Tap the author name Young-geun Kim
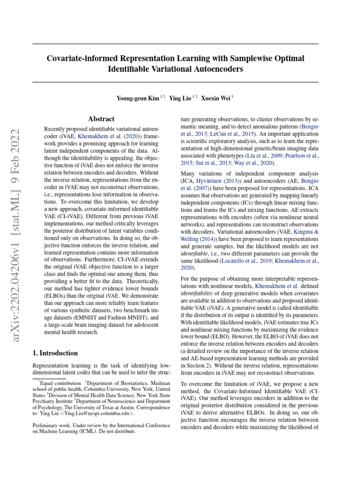point(137,98)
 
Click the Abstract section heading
point(101,119)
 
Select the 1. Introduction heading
point(55,353)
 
